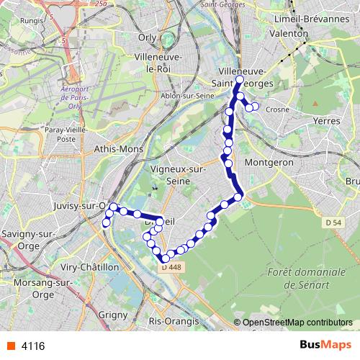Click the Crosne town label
[x=277, y=109]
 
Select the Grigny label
[x=112, y=314]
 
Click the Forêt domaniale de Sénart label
[x=297, y=278]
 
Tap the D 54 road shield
[x=332, y=223]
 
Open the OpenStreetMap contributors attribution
[x=297, y=323]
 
